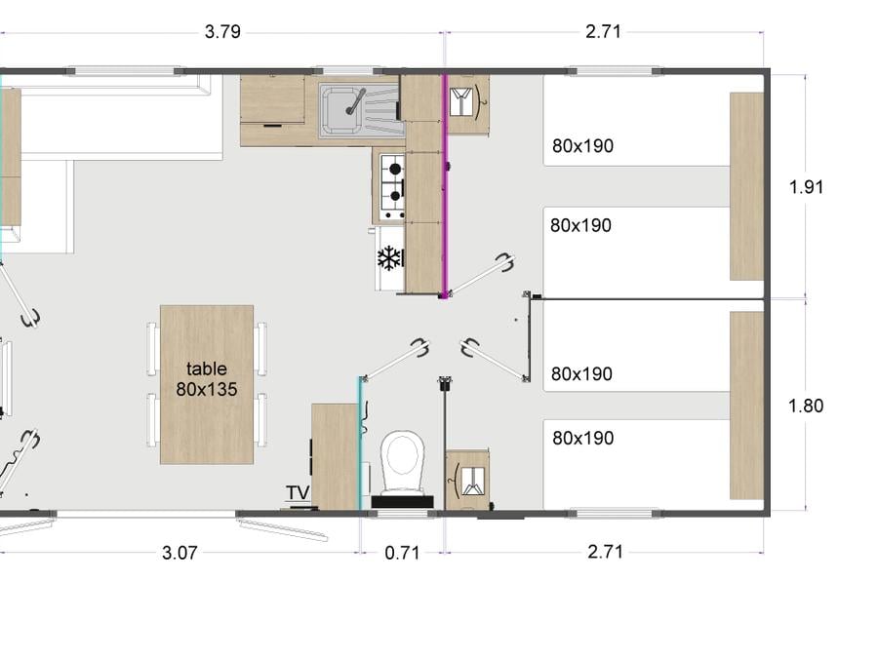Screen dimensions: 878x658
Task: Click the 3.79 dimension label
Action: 222,32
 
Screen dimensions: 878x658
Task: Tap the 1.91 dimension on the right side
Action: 806,187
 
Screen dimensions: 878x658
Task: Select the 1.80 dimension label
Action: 806,406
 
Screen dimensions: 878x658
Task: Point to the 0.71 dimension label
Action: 402,553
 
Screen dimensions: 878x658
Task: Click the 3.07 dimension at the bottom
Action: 180,553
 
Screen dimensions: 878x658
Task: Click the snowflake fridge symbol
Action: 389,258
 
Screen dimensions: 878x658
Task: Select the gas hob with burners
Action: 393,187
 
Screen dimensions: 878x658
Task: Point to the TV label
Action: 298,492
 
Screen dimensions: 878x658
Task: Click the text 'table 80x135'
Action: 207,379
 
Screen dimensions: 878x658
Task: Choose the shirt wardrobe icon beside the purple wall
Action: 468,103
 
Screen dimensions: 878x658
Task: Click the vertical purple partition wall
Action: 445,185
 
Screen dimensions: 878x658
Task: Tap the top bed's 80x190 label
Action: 583,146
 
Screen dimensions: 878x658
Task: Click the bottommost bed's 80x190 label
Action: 583,438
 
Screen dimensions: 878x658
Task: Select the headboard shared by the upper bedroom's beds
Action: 746,186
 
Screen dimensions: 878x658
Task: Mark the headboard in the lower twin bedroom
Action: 746,406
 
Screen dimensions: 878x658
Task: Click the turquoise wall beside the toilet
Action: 361,444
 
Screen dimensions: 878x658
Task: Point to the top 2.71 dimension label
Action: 604,32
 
